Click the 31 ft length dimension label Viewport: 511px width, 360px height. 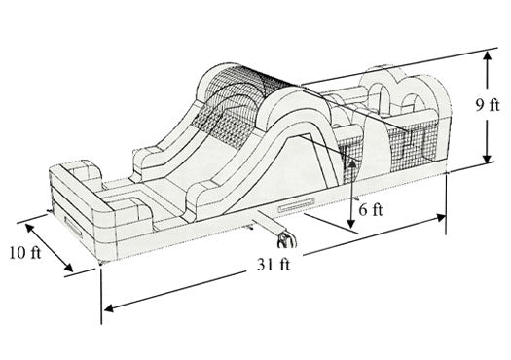tap(274, 265)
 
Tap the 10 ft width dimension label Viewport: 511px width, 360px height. tap(25, 253)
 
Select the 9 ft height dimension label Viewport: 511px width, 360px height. tap(487, 105)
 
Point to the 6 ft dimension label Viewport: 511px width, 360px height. tap(371, 210)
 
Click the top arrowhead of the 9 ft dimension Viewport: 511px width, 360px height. tap(487, 55)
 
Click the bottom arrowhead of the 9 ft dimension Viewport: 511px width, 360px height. tap(487, 158)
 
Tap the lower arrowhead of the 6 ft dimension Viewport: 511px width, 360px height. tap(350, 224)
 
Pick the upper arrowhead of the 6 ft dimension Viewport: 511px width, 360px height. tap(352, 163)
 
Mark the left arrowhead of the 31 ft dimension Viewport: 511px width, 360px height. tap(109, 307)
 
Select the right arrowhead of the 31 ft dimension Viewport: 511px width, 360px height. tap(441, 217)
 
